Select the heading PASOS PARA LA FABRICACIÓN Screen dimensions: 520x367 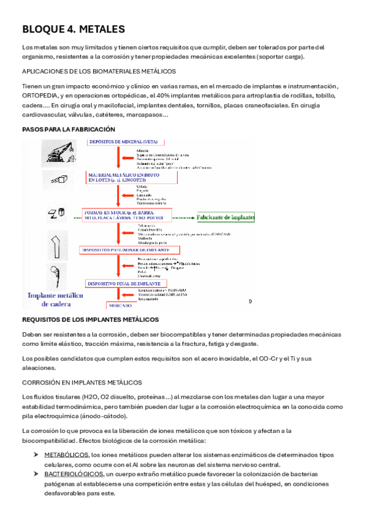coord(69,129)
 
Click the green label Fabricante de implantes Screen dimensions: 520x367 coord(225,216)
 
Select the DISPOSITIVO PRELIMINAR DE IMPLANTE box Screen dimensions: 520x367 coord(129,250)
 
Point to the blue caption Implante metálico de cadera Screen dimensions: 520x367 coord(56,299)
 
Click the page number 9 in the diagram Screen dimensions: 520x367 coord(250,302)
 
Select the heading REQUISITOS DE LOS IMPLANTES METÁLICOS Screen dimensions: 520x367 coord(90,319)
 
